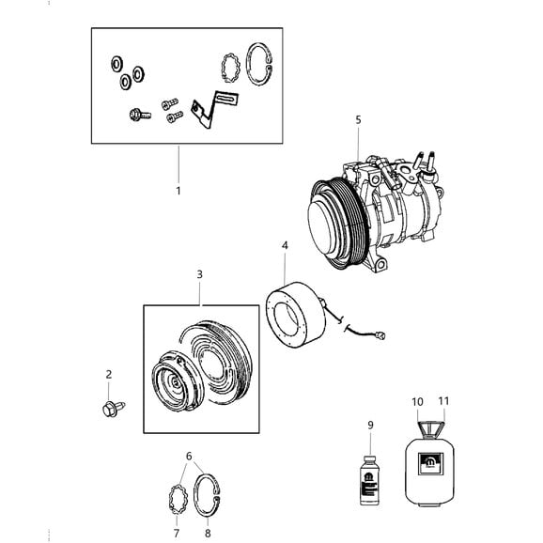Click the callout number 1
point(178,191)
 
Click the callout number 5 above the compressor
point(358,120)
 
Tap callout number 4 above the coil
point(285,245)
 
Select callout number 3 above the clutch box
point(199,274)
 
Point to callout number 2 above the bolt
point(109,374)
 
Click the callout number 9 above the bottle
point(370,425)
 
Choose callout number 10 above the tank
point(417,402)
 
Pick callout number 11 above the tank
point(443,401)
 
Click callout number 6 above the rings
point(189,456)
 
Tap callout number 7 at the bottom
point(176,533)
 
